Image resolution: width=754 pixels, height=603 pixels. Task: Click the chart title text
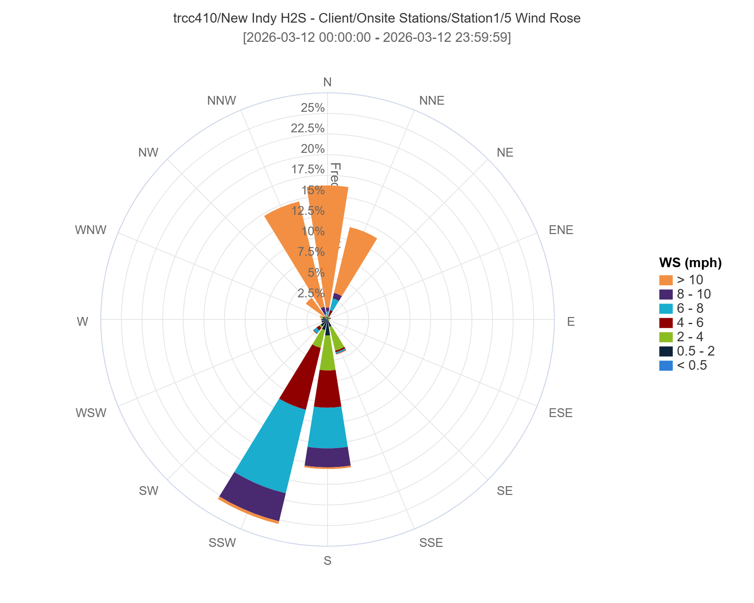[377, 18]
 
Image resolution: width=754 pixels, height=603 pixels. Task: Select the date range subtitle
[377, 38]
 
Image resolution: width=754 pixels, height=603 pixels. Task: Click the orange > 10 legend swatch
[666, 280]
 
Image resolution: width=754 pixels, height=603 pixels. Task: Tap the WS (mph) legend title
[690, 263]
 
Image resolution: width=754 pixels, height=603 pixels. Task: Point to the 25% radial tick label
[312, 108]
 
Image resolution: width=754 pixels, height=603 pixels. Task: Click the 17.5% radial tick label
[308, 170]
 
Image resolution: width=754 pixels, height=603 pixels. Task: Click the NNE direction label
[431, 101]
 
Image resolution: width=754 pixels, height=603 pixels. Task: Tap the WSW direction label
[91, 413]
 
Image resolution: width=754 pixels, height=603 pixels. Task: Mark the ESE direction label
[560, 413]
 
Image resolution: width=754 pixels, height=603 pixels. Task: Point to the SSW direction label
[222, 543]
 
